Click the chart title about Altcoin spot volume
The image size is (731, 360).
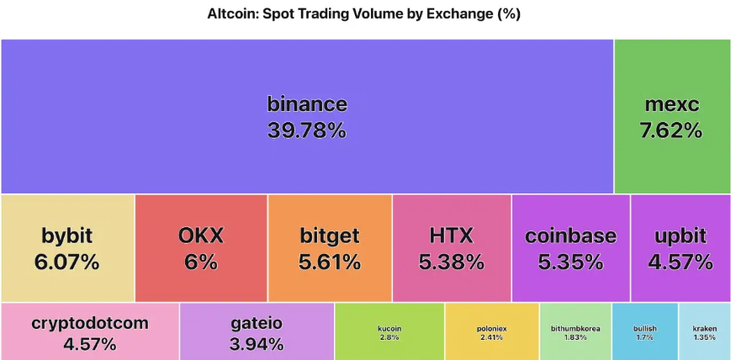[x=365, y=14]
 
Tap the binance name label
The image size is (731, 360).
[x=307, y=104]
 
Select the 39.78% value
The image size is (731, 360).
[x=307, y=130]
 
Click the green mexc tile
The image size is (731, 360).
[x=672, y=116]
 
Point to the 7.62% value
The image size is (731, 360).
[x=672, y=130]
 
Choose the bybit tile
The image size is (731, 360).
[x=67, y=248]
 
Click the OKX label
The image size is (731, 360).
[x=201, y=236]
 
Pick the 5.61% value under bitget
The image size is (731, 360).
[x=330, y=262]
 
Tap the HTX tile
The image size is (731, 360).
[x=452, y=248]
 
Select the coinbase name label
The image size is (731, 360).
[x=570, y=236]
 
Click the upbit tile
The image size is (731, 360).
[x=681, y=248]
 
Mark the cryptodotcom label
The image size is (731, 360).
[x=89, y=323]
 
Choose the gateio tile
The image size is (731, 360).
[x=257, y=332]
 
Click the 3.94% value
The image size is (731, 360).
[x=257, y=343]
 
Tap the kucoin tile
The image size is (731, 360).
[x=389, y=332]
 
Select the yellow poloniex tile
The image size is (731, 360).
[x=491, y=332]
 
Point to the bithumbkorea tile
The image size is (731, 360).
[x=575, y=332]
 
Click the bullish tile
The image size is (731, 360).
[x=644, y=332]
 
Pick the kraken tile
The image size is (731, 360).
[x=704, y=332]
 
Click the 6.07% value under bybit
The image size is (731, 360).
[x=67, y=262]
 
